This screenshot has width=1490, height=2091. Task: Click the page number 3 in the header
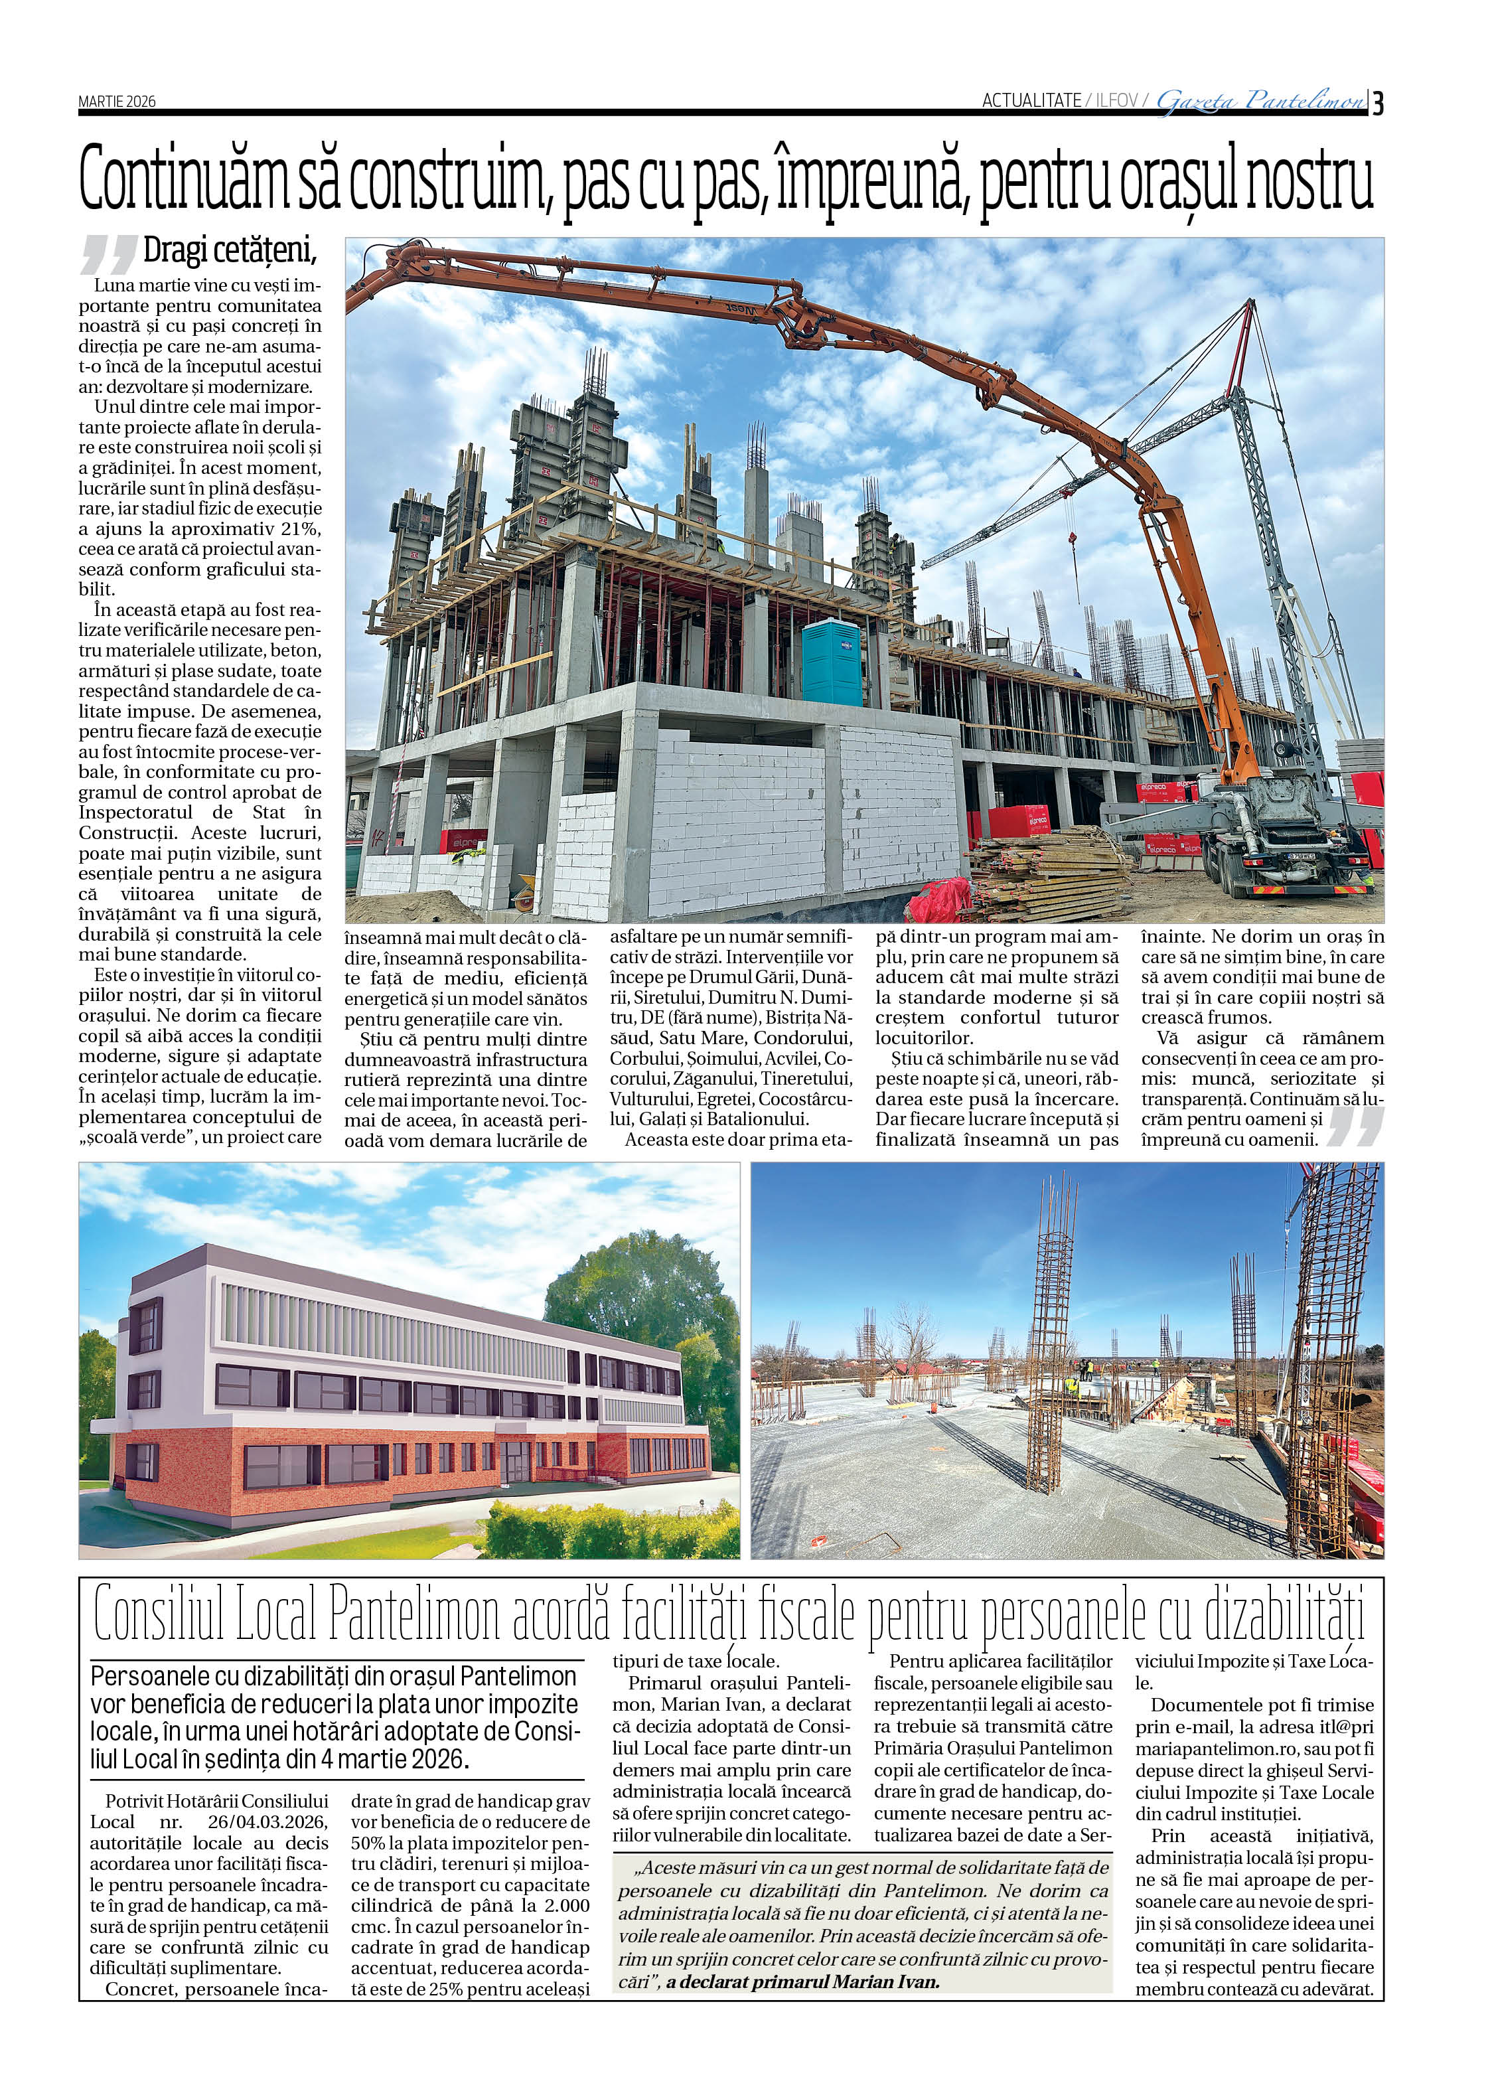[x=1378, y=103]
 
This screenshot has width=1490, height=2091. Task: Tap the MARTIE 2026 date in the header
[x=117, y=102]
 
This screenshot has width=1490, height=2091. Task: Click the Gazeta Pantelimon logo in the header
[x=1260, y=101]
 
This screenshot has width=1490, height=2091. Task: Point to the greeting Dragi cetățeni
[x=230, y=250]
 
